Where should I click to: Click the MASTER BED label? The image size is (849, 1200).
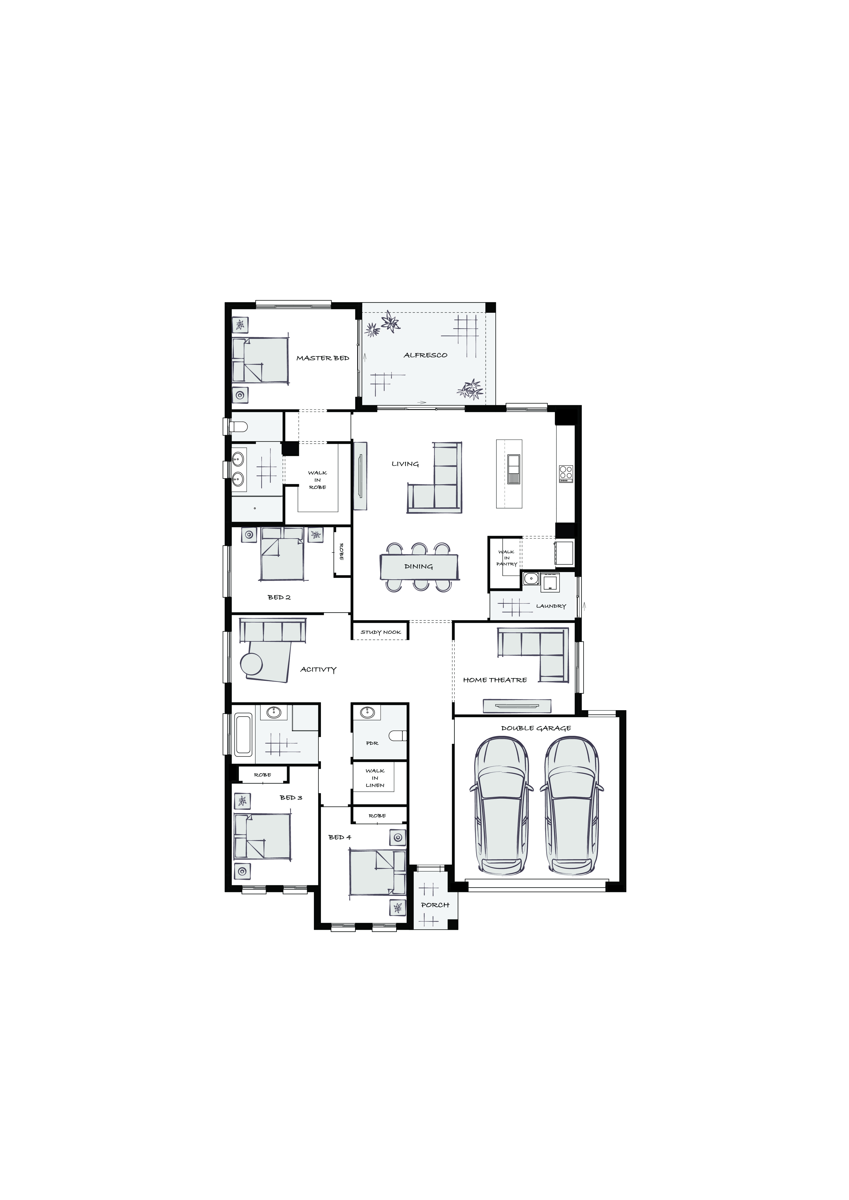(323, 358)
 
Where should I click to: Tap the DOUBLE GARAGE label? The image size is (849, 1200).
(536, 728)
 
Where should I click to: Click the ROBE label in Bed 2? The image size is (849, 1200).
(341, 552)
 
